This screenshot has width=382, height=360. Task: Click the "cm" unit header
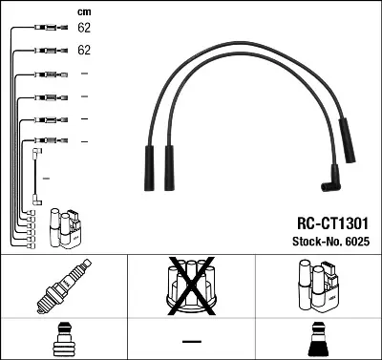click(83, 11)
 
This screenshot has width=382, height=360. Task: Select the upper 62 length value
click(84, 29)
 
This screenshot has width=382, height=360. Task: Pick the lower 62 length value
click(84, 50)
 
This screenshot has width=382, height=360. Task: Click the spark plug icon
click(62, 286)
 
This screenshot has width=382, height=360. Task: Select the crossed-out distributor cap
click(190, 286)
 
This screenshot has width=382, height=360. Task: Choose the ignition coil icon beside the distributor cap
click(318, 286)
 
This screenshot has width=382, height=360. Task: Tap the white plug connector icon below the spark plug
click(62, 340)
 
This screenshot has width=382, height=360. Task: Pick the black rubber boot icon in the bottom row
click(318, 340)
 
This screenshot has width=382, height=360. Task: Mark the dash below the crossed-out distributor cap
click(191, 341)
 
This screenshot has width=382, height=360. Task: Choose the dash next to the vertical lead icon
click(46, 179)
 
